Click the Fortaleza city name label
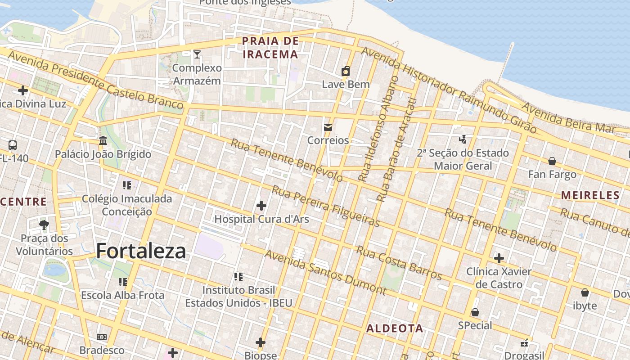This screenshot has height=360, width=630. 141,251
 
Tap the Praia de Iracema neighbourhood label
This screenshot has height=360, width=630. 270,48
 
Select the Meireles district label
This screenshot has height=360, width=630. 590,195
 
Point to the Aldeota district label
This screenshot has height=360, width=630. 395,328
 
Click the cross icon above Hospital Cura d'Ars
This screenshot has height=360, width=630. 261,206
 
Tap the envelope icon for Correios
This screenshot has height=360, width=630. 328,127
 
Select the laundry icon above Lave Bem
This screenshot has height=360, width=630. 346,71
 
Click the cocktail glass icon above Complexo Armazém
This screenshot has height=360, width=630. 197,54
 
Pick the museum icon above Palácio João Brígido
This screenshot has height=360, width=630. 103,141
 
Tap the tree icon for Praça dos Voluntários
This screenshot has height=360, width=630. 44,225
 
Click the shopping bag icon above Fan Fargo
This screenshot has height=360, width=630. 552,161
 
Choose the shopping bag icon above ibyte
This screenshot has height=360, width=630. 585,292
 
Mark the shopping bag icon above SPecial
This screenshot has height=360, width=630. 475,312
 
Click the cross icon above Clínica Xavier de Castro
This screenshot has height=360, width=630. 499,258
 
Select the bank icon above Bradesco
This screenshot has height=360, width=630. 102,337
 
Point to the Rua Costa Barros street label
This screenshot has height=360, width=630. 399,262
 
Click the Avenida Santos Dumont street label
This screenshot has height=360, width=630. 325,273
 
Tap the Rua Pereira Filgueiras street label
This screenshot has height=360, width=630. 325,207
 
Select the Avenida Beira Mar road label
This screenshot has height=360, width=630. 568,117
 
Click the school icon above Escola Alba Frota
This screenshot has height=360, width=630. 122,282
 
